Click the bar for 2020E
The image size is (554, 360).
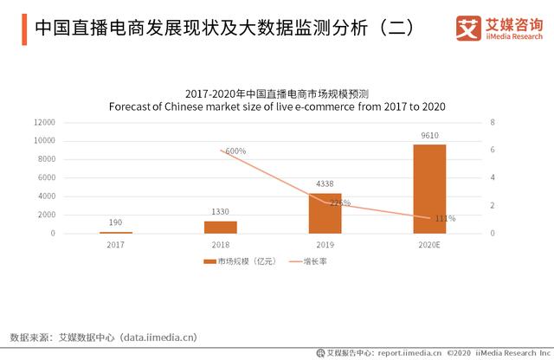[429, 189]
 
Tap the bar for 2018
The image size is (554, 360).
[221, 227]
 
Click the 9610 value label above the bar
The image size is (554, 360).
[429, 135]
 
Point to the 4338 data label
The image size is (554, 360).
[325, 183]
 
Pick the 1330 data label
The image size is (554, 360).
[221, 211]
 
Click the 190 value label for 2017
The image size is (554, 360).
[116, 222]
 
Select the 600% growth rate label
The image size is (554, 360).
[235, 151]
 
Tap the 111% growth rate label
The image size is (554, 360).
[445, 218]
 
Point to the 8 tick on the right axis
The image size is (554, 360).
[492, 122]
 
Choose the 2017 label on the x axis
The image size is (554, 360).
[116, 245]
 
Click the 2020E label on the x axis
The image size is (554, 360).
[429, 245]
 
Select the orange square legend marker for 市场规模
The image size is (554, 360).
[209, 260]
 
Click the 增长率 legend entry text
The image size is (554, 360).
[315, 260]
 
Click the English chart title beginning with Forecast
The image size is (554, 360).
[277, 106]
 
